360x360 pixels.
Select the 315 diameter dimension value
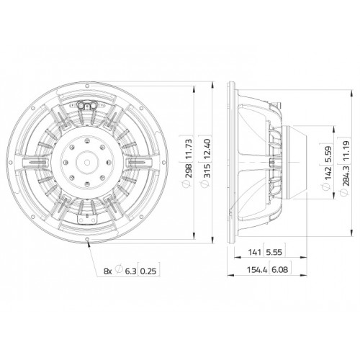tap(207, 171)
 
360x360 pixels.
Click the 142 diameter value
tap(328, 172)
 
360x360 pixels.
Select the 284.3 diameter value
tap(346, 176)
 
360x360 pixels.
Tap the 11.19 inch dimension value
tap(346, 150)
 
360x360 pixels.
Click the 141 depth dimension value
tap(254, 252)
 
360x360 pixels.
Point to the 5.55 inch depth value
tap(274, 252)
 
